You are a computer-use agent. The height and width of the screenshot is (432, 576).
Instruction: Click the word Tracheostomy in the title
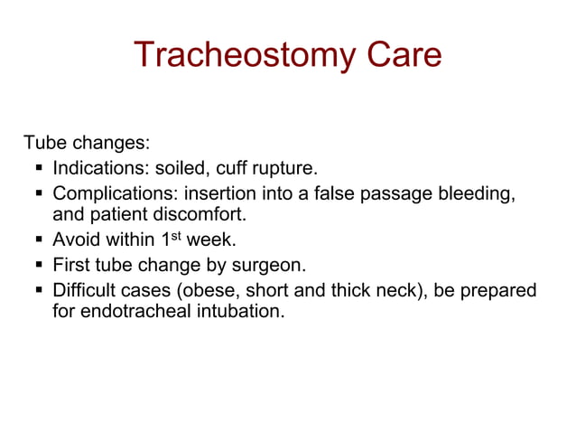click(x=243, y=55)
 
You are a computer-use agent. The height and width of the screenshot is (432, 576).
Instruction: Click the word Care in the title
click(x=404, y=55)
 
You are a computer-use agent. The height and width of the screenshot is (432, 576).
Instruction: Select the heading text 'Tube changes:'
click(x=86, y=144)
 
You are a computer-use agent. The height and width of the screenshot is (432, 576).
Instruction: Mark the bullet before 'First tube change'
click(x=39, y=267)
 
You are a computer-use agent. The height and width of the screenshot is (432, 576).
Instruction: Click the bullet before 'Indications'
click(x=39, y=169)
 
